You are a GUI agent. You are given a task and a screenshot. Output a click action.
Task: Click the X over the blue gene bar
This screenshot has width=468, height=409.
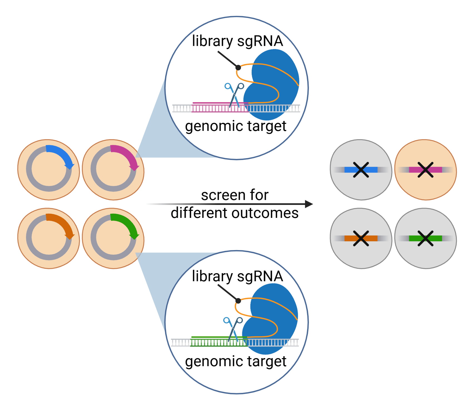(x=361, y=169)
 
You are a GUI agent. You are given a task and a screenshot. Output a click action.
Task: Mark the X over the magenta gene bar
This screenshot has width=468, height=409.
(x=425, y=169)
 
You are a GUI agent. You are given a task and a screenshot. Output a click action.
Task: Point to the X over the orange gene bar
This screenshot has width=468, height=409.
(x=361, y=238)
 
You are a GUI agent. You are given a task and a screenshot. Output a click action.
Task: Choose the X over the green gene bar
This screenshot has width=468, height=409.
(x=425, y=238)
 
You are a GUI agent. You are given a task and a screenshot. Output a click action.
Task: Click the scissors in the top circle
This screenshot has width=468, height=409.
(x=234, y=95)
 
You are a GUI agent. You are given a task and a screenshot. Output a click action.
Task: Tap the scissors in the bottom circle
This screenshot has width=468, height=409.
(x=233, y=329)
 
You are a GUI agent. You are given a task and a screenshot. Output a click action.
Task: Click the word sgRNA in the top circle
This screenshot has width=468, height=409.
(x=260, y=41)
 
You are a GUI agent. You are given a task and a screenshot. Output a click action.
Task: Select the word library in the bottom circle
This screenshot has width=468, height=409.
(x=212, y=276)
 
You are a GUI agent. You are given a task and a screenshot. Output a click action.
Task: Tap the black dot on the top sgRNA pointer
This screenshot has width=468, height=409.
(x=238, y=68)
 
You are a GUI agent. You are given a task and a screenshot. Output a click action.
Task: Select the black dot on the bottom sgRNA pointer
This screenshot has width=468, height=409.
(x=238, y=301)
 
